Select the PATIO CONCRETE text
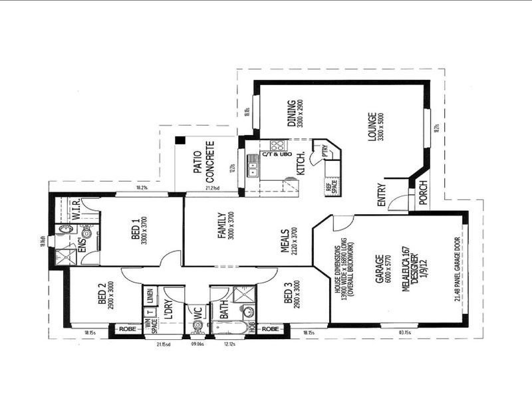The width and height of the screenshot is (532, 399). (x=203, y=162)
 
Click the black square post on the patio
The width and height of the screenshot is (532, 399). (x=180, y=140)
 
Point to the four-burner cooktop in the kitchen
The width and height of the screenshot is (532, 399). (x=277, y=145)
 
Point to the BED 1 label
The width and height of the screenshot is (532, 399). (x=136, y=230)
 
